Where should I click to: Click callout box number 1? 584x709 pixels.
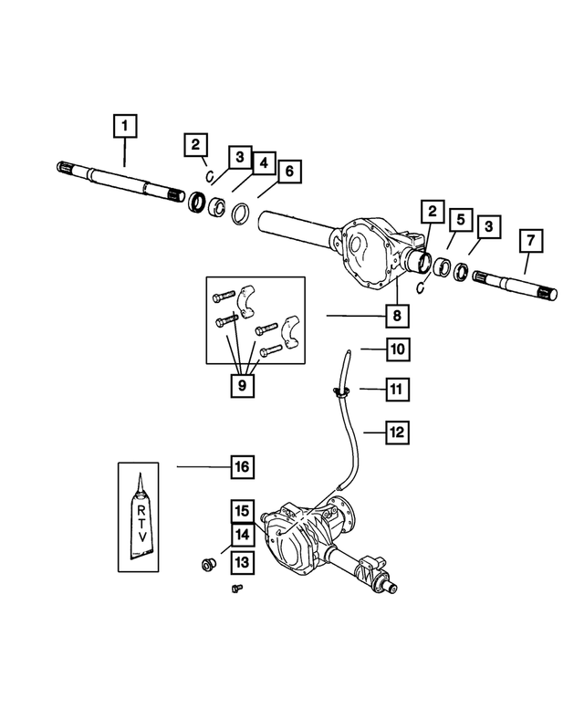coord(125,124)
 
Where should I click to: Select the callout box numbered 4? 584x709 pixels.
coord(262,163)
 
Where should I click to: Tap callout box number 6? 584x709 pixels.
coord(288,171)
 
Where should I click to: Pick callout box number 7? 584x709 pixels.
coord(530,242)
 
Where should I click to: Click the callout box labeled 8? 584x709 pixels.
coord(397,317)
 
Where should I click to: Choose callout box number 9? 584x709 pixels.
coord(242,383)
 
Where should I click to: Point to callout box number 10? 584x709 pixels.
coord(397,348)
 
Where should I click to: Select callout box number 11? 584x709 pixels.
coord(397,390)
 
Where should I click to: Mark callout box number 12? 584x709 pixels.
coord(397,432)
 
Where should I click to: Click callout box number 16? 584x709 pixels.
coord(242,467)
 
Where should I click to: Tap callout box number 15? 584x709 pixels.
coord(241,511)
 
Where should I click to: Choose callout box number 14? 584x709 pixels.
coord(241,536)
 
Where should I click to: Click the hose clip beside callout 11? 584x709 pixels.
coord(341,392)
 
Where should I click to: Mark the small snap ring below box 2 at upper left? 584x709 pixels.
coord(209,176)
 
